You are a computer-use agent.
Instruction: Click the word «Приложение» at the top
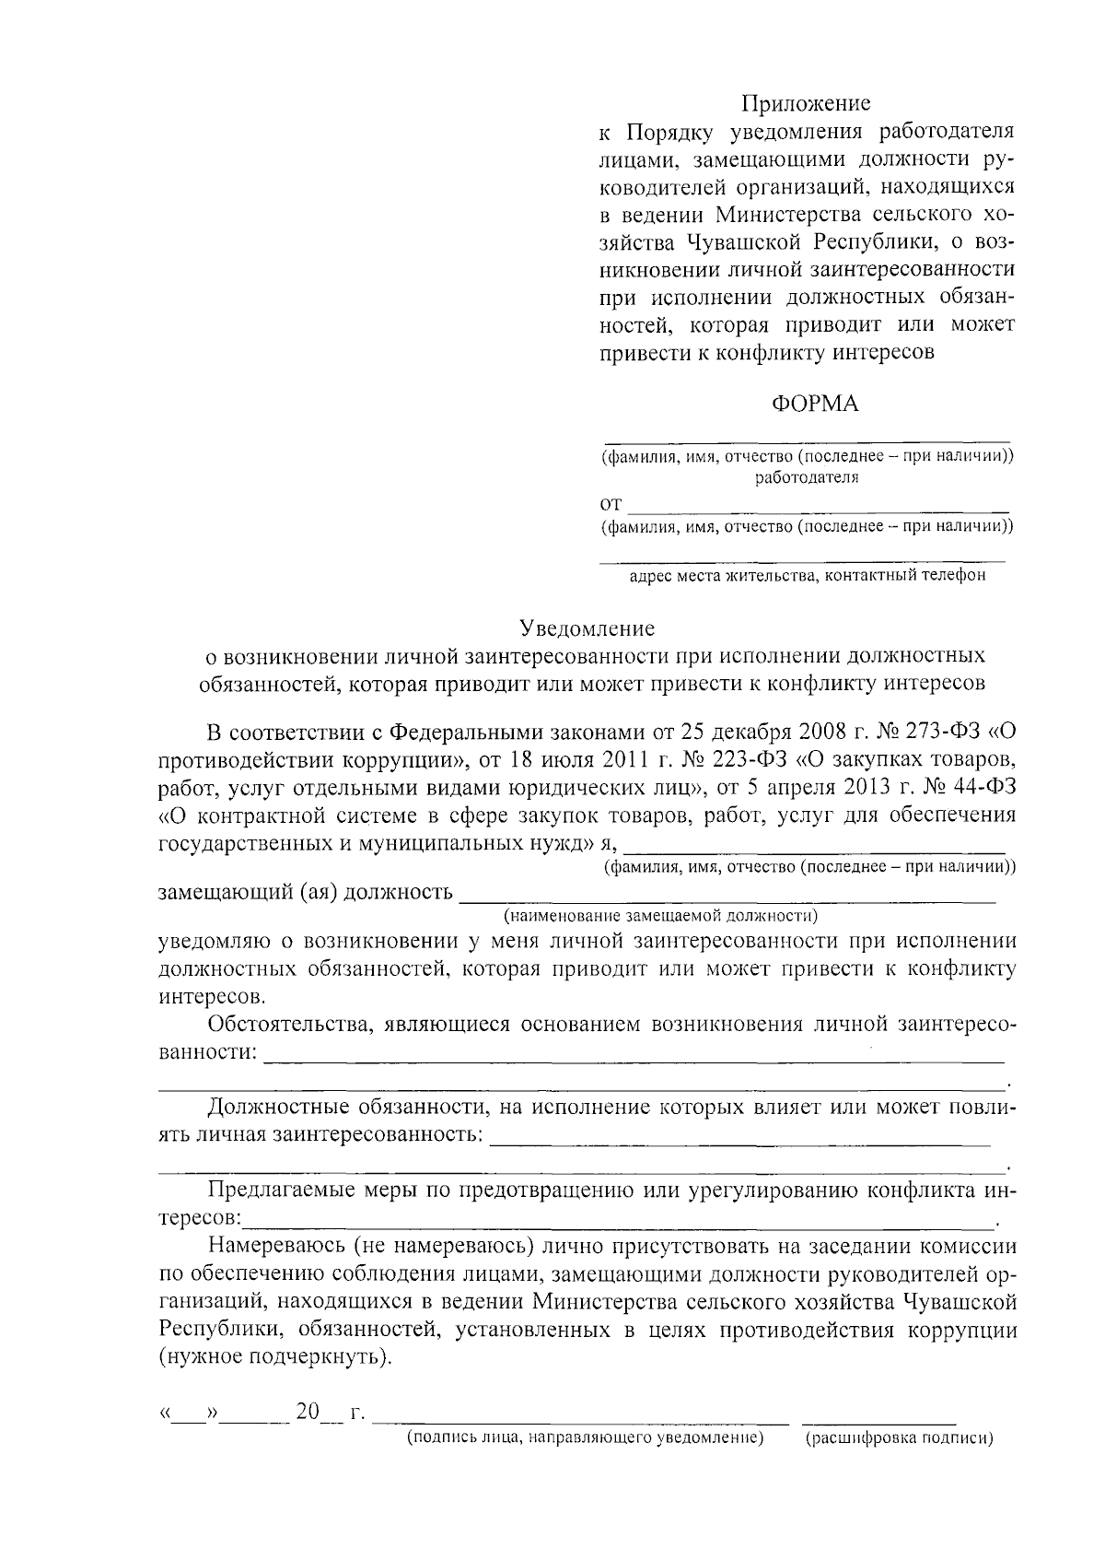click(806, 103)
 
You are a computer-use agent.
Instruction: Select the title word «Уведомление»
click(587, 628)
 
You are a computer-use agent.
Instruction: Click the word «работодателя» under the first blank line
click(807, 478)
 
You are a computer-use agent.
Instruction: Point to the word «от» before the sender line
click(611, 504)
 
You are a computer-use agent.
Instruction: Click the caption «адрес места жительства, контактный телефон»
click(807, 577)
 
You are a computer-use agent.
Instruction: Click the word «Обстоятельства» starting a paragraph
click(284, 1025)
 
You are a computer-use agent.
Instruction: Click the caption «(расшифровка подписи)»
click(900, 1439)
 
